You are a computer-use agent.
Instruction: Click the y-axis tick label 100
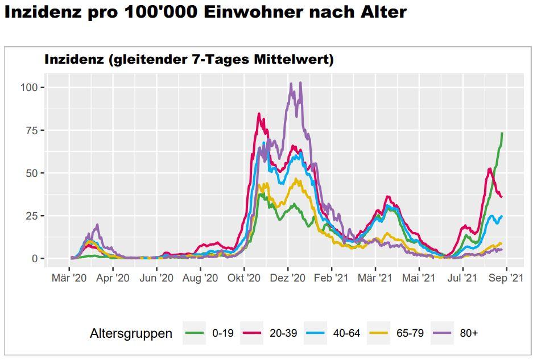[x=30, y=87]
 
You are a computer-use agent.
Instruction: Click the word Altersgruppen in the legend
[x=131, y=334]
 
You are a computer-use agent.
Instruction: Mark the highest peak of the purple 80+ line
[x=300, y=82]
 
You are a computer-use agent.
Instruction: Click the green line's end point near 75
[x=502, y=133]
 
